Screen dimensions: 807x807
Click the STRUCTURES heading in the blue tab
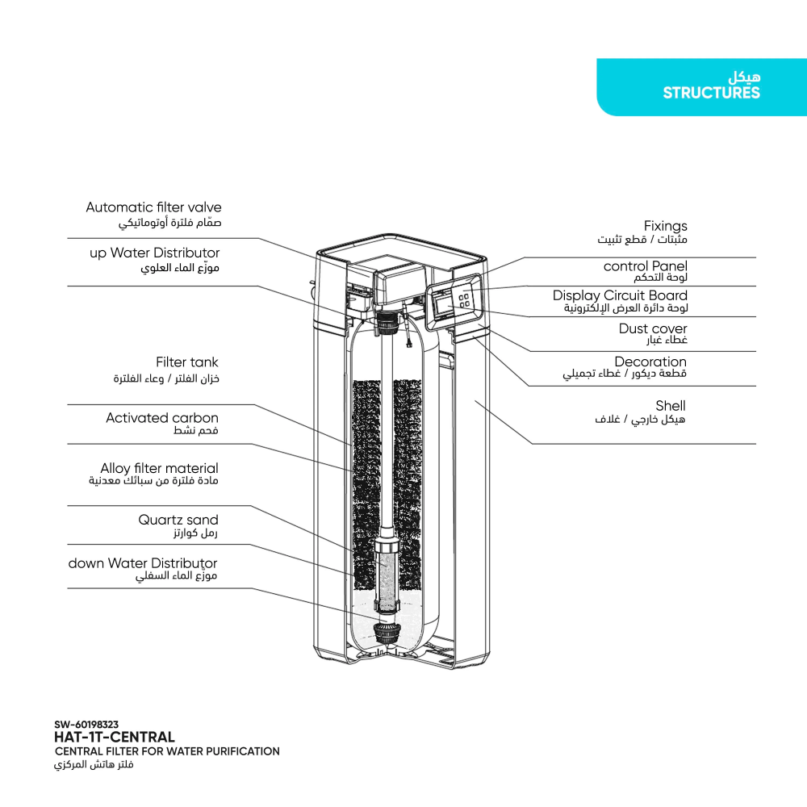711,93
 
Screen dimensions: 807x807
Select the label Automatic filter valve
153,207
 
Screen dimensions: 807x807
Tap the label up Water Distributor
154,253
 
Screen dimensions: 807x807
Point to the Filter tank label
186,362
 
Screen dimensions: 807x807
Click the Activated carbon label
161,418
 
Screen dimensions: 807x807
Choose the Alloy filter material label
159,468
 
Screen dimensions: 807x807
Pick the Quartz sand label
178,520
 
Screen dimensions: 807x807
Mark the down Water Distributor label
143,563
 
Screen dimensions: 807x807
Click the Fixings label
665,226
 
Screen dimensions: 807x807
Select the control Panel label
645,266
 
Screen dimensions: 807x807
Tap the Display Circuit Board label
620,296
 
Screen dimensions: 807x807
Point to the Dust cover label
653,328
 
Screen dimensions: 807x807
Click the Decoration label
650,362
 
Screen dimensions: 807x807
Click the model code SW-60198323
86,725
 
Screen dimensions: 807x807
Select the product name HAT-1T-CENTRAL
114,737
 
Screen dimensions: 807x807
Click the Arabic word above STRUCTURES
743,79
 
